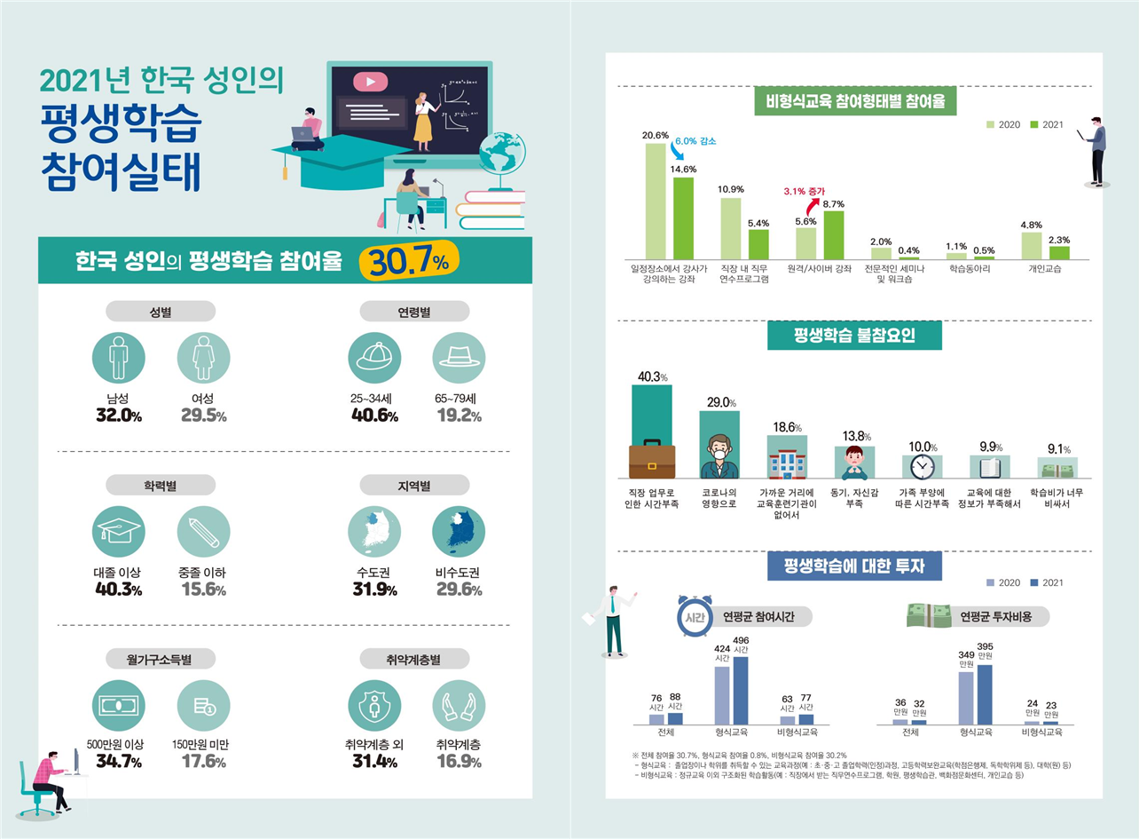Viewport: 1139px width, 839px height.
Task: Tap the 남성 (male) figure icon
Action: click(119, 357)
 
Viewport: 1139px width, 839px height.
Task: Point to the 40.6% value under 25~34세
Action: click(374, 416)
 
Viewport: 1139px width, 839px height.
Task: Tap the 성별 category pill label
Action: click(161, 311)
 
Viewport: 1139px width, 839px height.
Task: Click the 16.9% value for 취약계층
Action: click(459, 762)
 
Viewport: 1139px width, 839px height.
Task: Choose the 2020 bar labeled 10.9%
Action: click(730, 227)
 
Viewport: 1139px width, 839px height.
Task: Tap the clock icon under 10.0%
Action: click(923, 467)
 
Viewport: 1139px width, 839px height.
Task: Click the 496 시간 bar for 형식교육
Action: click(740, 691)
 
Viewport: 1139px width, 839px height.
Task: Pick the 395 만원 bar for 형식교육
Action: click(985, 694)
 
